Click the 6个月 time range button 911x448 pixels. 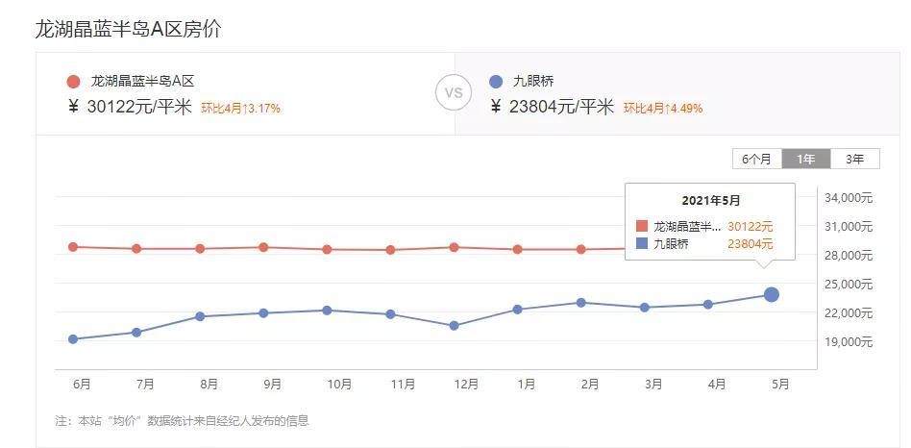tap(756, 160)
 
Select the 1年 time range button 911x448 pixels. tap(805, 160)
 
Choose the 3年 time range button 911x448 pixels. tap(853, 160)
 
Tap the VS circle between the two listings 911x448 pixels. tap(454, 93)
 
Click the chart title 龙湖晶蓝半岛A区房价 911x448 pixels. tap(128, 29)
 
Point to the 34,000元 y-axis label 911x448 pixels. tap(849, 198)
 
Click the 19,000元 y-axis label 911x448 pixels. tap(849, 341)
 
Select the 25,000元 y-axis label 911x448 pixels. tap(849, 285)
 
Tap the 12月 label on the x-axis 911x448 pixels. tap(466, 385)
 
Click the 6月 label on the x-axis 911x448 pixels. tap(83, 385)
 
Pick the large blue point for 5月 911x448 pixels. tap(771, 294)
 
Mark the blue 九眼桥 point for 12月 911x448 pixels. tap(454, 326)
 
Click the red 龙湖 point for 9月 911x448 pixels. tap(263, 247)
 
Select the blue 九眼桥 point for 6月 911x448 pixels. tap(73, 339)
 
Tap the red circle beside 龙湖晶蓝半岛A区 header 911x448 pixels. tap(74, 82)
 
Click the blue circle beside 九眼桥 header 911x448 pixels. tap(496, 82)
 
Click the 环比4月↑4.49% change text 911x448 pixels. tap(662, 109)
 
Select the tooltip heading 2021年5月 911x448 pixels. tap(711, 201)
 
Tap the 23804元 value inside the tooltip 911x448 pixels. tap(750, 244)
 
